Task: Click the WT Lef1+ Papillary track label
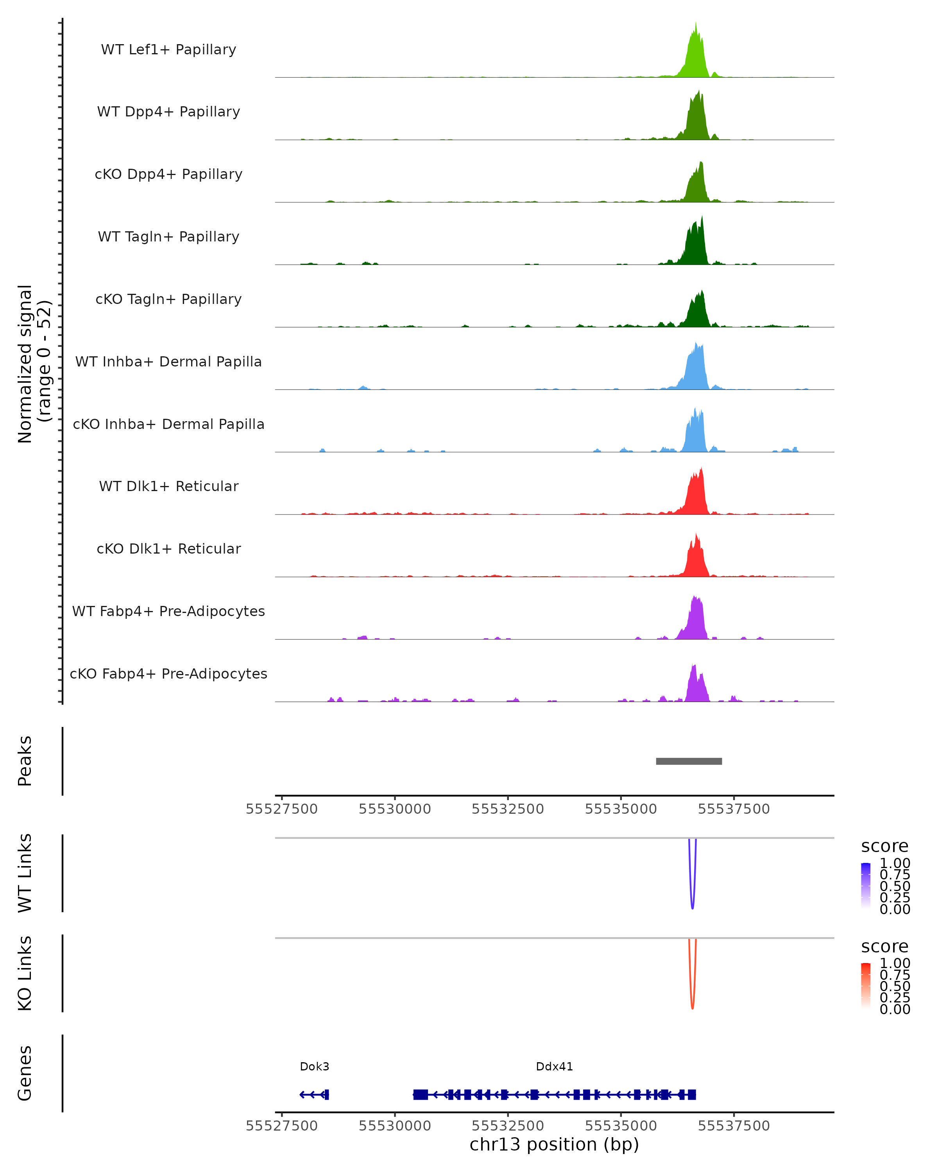(x=168, y=50)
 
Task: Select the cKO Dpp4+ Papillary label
(x=168, y=175)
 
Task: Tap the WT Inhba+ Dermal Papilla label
(x=168, y=362)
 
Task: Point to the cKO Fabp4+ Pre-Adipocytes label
(x=168, y=674)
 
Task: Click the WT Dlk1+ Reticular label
(x=168, y=486)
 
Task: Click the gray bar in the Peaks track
(x=689, y=761)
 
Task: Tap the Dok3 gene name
(x=314, y=1067)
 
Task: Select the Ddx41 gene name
(x=554, y=1067)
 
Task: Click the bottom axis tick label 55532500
(x=508, y=1126)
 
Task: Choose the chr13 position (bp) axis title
(x=554, y=1144)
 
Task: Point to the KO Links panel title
(x=25, y=973)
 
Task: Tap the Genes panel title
(x=25, y=1073)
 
